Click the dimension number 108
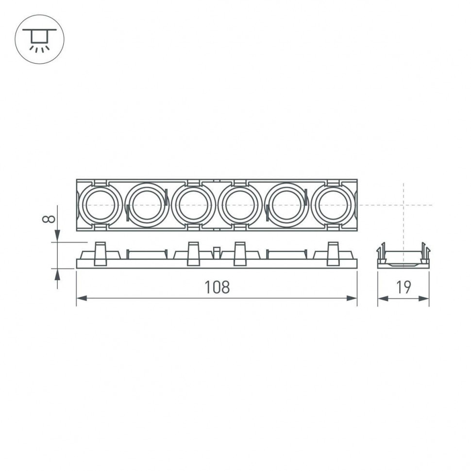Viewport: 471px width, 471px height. tap(217, 287)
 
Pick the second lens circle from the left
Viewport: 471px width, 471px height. tap(146, 205)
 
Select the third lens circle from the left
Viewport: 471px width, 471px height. tap(193, 205)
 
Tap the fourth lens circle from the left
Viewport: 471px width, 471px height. tap(240, 205)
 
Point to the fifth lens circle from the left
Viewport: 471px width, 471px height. tap(287, 205)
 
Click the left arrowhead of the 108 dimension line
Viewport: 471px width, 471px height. tap(81, 298)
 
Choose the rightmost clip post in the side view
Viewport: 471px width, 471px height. tap(334, 254)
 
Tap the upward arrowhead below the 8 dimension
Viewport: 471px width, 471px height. tap(58, 274)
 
